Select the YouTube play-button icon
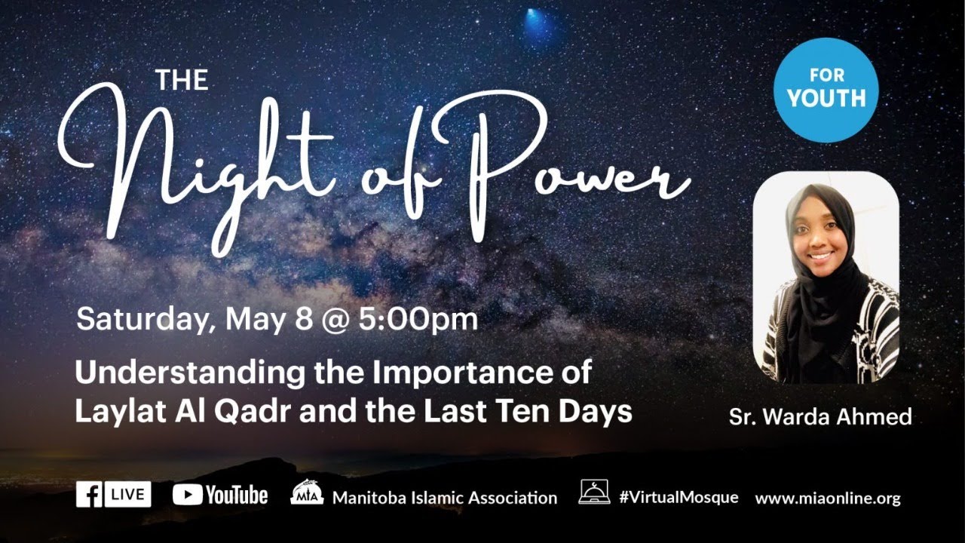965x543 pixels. pos(186,495)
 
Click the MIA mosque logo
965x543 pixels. pos(306,492)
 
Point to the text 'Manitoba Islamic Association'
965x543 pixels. pos(444,498)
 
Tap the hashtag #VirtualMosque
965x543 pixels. pos(678,497)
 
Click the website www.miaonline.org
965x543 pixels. pos(827,498)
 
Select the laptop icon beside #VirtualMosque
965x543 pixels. pos(594,492)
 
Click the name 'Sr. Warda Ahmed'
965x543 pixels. pos(819,416)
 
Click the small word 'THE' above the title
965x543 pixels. pos(182,79)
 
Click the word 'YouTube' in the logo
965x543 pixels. pos(236,495)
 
